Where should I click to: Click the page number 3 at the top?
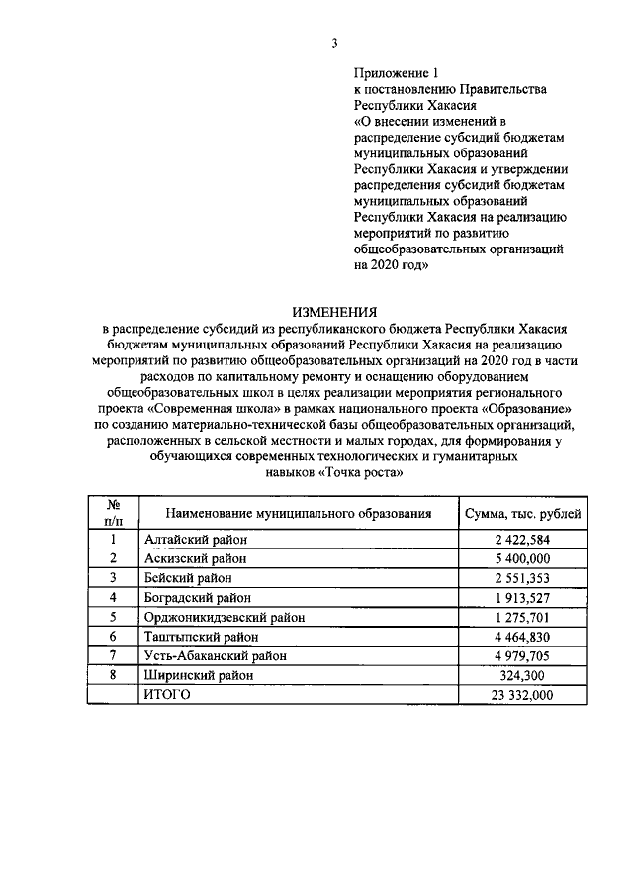click(x=334, y=42)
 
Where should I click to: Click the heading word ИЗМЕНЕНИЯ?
click(x=334, y=311)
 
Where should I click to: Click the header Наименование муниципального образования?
click(x=299, y=513)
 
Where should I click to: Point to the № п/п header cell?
click(x=113, y=512)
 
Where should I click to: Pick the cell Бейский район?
click(x=187, y=578)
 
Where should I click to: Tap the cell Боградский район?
click(x=197, y=597)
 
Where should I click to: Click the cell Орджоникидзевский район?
click(x=223, y=617)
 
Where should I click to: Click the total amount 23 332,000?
click(x=522, y=694)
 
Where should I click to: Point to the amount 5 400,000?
click(x=522, y=558)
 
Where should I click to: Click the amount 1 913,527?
click(x=522, y=597)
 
